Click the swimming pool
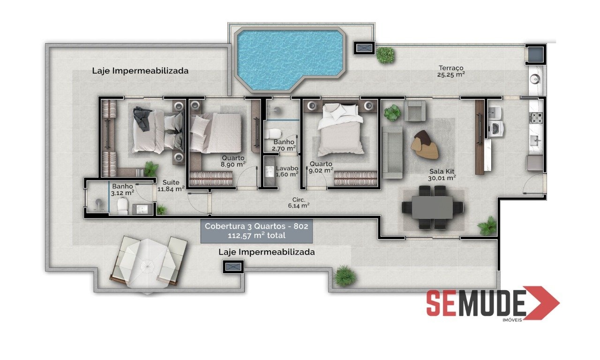289,59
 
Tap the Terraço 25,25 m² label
451,71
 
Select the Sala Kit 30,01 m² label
442,175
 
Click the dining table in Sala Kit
432,207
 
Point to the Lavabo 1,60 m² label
287,172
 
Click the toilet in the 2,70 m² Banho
273,134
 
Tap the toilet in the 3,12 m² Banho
123,206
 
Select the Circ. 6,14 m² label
299,202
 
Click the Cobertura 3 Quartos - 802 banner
256,231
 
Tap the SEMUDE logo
493,303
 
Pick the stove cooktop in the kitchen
537,118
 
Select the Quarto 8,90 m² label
233,161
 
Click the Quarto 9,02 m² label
321,167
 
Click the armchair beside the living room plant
415,111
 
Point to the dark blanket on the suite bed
142,118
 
